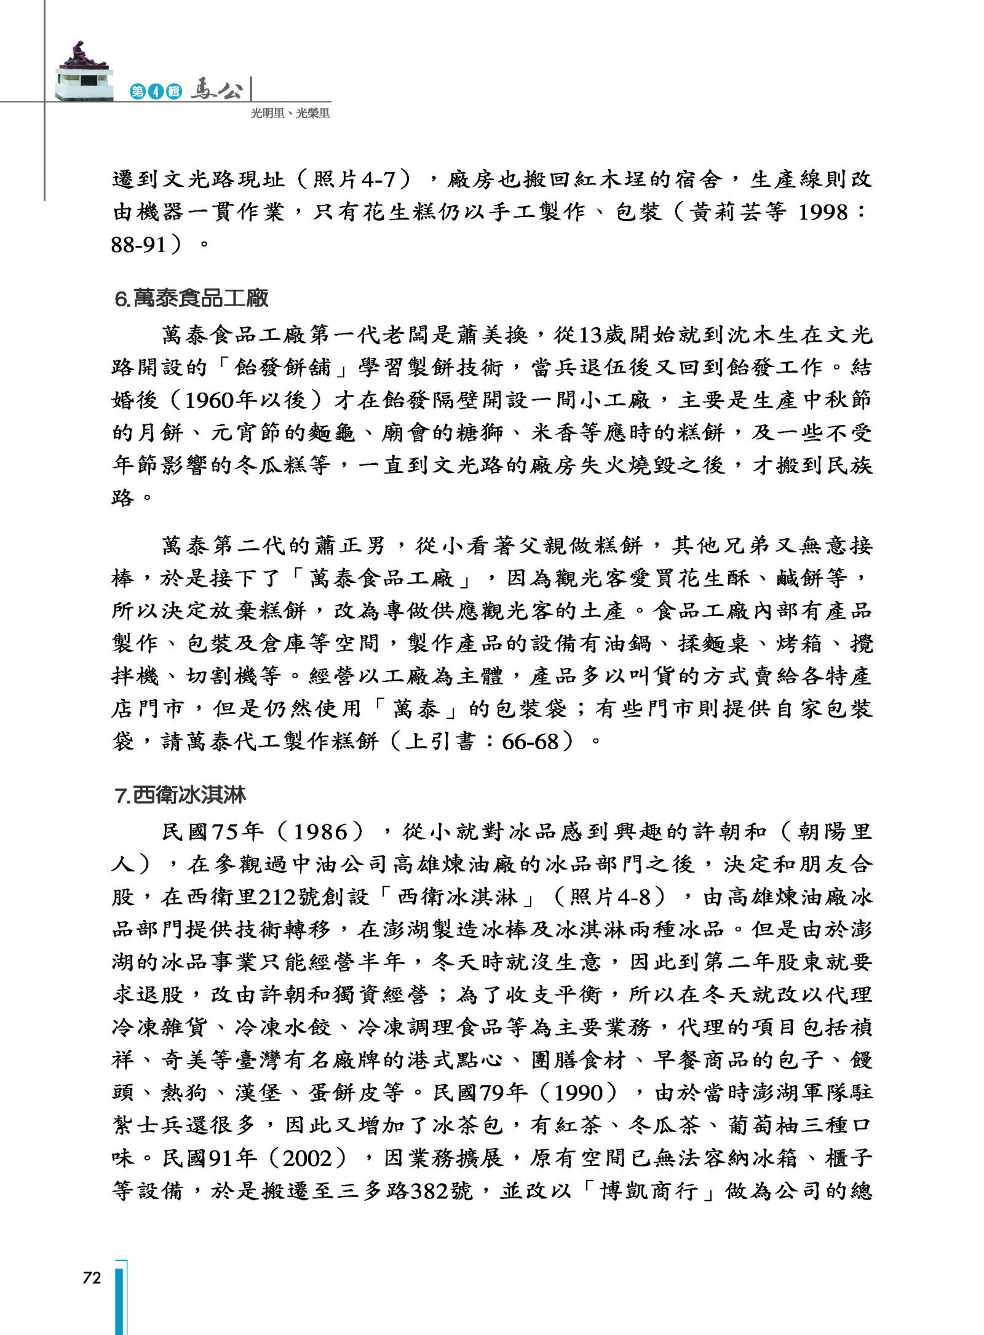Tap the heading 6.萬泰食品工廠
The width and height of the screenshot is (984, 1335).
192,299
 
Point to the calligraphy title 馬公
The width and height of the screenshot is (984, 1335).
216,90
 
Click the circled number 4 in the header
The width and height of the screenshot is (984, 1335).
156,92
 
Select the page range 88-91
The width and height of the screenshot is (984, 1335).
139,245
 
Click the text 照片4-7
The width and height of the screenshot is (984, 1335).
357,180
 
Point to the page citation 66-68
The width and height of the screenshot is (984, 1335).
530,742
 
